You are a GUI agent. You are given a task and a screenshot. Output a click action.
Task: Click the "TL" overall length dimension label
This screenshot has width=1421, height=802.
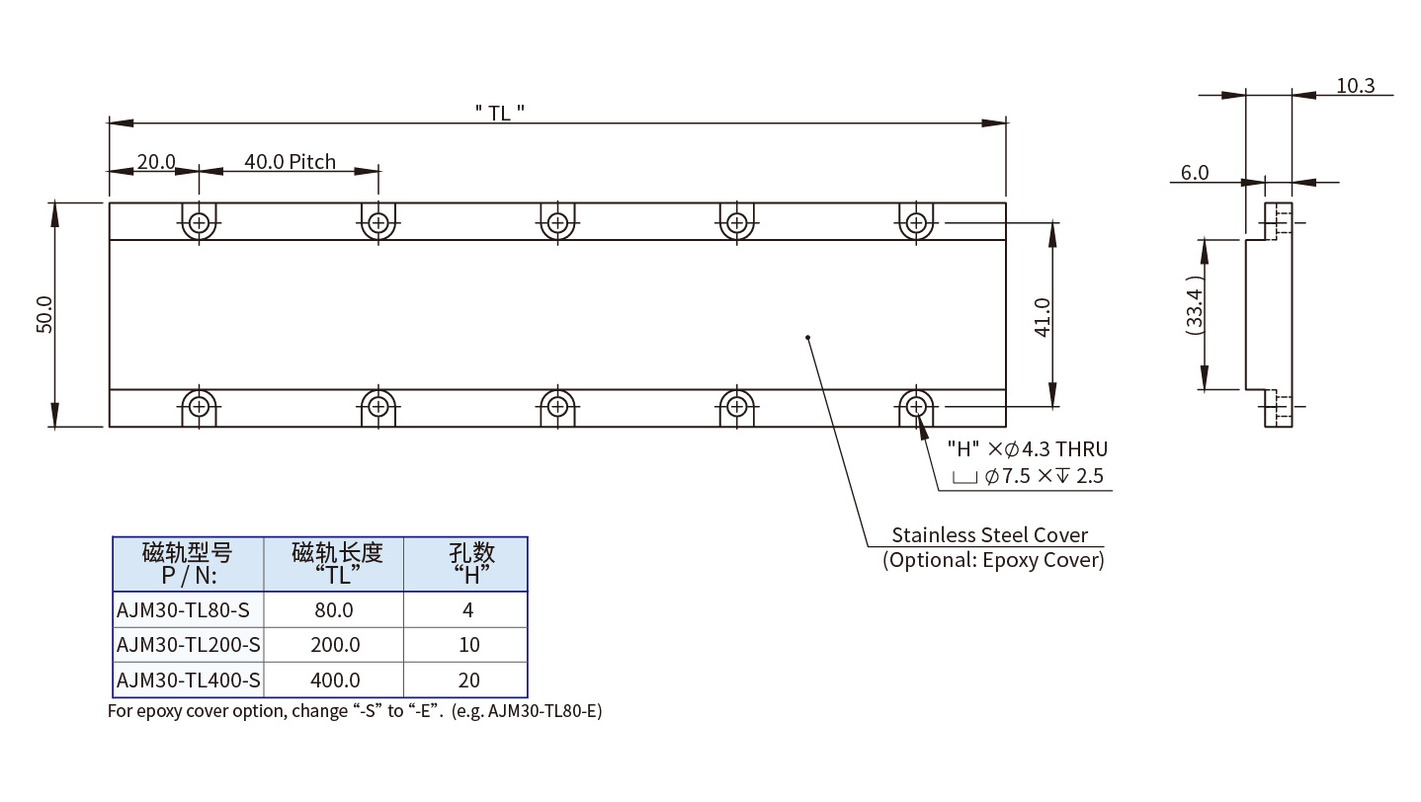499,113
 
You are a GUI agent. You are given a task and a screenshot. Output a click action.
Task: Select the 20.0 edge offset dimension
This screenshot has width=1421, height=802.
155,161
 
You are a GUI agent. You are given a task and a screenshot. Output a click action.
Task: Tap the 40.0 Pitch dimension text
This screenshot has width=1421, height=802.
290,161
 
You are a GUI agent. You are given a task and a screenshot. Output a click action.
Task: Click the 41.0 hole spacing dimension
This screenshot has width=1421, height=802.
1043,314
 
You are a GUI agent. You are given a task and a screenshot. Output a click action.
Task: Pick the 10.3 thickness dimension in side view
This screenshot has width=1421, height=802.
1355,86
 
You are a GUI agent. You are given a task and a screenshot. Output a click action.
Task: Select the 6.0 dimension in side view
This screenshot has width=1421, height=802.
1194,173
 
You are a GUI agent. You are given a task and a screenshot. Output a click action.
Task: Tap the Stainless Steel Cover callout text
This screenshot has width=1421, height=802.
989,535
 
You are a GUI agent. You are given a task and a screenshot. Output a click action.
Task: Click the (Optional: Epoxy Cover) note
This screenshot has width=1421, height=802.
992,560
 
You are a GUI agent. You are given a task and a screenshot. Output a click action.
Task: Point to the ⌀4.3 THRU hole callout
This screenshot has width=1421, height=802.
1027,449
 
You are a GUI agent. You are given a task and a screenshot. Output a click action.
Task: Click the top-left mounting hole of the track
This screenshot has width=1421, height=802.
200,222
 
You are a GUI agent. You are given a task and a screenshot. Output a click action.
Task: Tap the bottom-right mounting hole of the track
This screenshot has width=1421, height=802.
917,405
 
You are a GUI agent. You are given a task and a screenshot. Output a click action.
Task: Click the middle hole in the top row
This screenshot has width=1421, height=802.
558,222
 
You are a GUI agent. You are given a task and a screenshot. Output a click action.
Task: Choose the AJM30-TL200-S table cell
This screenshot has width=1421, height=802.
189,645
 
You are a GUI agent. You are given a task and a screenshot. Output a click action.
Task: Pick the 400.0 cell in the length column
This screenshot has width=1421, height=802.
334,680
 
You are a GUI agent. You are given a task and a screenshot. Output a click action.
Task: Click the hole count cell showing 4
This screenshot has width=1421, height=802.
467,610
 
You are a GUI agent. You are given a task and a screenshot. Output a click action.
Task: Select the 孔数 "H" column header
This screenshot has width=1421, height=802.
467,563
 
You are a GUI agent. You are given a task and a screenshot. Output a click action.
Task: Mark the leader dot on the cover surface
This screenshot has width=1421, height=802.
808,338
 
